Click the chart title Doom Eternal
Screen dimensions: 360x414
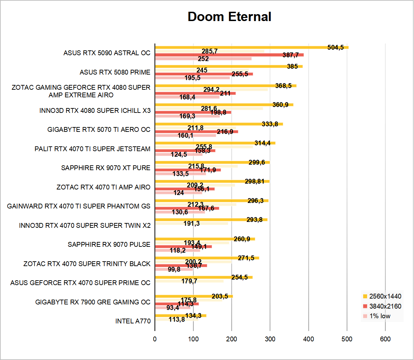229,17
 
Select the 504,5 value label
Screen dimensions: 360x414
335,47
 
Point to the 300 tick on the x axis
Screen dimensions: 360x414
270,339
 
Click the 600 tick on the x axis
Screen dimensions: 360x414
385,339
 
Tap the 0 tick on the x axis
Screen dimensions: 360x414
155,339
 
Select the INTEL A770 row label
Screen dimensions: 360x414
133,321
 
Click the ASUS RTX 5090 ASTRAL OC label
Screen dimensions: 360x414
107,53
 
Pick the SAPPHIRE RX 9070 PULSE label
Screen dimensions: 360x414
109,244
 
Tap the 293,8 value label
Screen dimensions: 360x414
254,220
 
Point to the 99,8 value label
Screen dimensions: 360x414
174,269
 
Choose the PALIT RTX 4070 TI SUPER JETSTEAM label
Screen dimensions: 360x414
92,149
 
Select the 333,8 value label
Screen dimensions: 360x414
270,124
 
